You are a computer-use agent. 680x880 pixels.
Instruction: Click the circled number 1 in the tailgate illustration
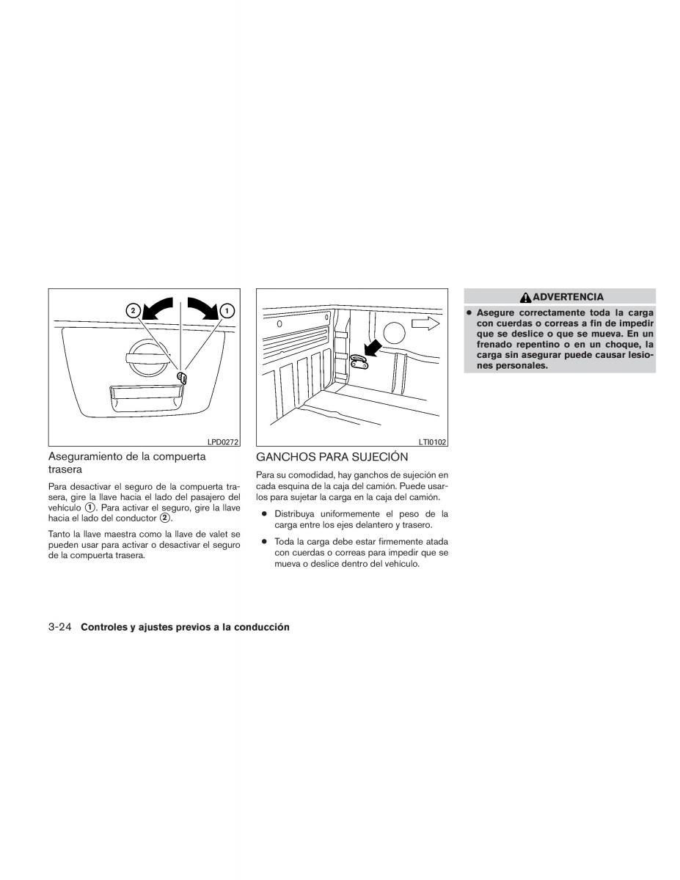click(x=227, y=311)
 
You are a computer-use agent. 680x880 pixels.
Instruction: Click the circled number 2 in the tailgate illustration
click(x=134, y=311)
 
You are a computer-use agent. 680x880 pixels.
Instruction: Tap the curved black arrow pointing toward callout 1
click(x=204, y=308)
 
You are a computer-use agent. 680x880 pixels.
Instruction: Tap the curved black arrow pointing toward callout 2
click(x=157, y=309)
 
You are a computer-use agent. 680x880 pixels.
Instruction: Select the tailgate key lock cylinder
click(x=182, y=378)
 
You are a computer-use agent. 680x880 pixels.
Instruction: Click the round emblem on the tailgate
click(x=147, y=358)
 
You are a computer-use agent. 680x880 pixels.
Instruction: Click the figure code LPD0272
click(x=223, y=441)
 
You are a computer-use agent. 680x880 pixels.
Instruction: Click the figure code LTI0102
click(x=433, y=441)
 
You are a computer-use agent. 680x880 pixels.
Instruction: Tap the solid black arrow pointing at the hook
click(x=373, y=348)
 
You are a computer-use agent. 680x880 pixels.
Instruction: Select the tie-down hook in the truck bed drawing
click(x=358, y=361)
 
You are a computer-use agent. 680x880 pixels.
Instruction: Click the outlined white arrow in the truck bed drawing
click(x=425, y=323)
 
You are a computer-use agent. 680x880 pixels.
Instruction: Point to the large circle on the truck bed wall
click(x=394, y=333)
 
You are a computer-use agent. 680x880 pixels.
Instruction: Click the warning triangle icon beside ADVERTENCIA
click(x=526, y=298)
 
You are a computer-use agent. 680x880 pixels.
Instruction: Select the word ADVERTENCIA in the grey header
click(x=568, y=297)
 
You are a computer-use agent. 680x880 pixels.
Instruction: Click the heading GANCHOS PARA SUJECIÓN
click(x=332, y=457)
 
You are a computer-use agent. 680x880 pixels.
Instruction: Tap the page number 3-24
click(x=60, y=627)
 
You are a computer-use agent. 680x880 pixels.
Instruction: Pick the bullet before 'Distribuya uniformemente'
click(x=265, y=513)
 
